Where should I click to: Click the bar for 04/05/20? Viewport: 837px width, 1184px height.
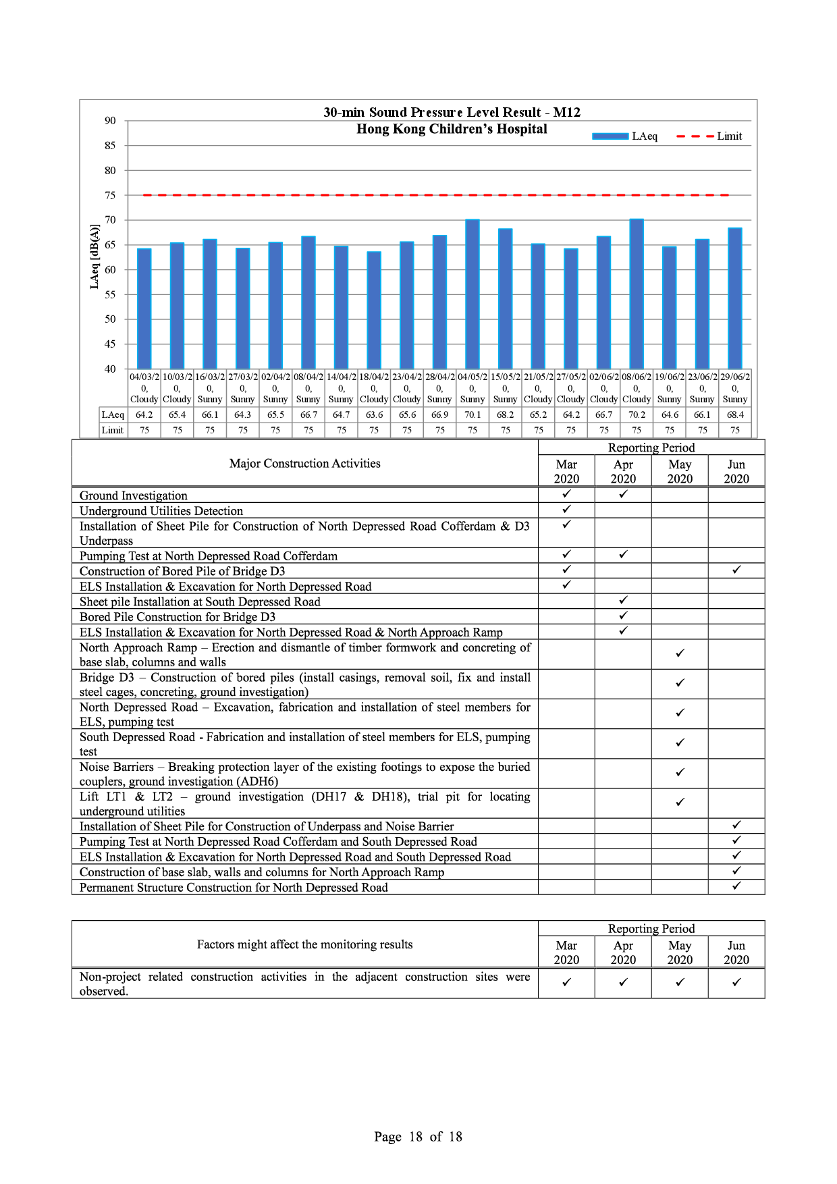(473, 294)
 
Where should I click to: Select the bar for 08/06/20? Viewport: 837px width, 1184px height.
(637, 294)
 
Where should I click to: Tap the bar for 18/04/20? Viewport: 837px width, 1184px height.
(374, 311)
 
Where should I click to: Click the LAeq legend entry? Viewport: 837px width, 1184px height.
(624, 136)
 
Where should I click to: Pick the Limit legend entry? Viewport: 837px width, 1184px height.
(709, 136)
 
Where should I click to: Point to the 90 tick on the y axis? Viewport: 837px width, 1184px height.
(110, 121)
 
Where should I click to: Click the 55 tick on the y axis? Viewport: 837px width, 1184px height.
(110, 294)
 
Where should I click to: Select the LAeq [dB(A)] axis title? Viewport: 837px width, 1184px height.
(94, 257)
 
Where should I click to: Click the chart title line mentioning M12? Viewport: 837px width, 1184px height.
(452, 113)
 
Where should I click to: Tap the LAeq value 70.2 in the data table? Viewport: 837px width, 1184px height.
(637, 415)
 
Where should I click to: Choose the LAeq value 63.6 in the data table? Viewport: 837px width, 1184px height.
(374, 415)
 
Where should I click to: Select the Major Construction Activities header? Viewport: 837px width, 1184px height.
(304, 464)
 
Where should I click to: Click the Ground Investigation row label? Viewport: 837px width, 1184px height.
(134, 495)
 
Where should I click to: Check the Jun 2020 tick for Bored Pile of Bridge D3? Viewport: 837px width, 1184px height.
(736, 570)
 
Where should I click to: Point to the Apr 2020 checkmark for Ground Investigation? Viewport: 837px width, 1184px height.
(623, 494)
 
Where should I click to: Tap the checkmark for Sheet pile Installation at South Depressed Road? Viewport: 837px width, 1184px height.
(623, 600)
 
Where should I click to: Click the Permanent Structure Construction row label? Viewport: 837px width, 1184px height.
(234, 888)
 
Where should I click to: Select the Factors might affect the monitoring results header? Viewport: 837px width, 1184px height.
(304, 944)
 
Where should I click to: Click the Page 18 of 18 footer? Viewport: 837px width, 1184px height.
(418, 1137)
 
